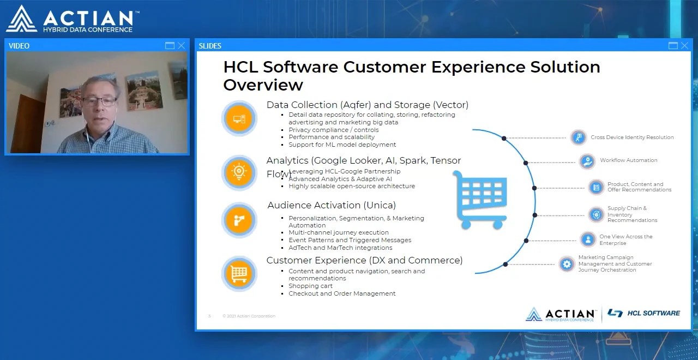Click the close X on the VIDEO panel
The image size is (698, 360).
pos(181,46)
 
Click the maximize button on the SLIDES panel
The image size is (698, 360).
pos(673,46)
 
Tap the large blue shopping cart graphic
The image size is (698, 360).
pos(480,199)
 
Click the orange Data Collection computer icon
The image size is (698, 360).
pos(239,118)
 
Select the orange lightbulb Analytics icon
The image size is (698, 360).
pos(239,172)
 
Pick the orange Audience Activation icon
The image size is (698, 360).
pos(239,220)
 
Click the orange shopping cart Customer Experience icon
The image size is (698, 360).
pos(239,273)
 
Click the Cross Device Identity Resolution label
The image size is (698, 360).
pos(632,137)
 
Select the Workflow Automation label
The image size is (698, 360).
pos(628,160)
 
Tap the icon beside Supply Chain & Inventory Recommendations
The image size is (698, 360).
pos(595,214)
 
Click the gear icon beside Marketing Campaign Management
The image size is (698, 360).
pos(567,265)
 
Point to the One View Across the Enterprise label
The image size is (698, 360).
pos(625,240)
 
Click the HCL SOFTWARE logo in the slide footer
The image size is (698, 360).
pos(644,313)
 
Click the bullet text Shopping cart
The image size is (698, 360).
pos(310,286)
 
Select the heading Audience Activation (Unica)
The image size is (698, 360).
pos(332,206)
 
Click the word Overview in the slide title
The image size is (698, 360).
pos(263,85)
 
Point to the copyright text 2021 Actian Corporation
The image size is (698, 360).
pos(249,316)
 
